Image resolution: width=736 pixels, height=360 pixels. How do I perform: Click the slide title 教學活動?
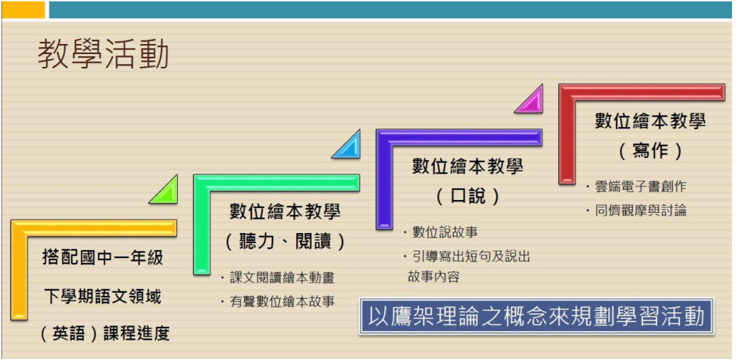pyautogui.click(x=103, y=55)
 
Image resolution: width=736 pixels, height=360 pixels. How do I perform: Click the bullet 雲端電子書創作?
pyautogui.click(x=635, y=186)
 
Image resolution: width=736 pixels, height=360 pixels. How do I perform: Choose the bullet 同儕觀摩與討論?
pyautogui.click(x=635, y=211)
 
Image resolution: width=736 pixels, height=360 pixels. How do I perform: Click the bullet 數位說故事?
pyautogui.click(x=440, y=232)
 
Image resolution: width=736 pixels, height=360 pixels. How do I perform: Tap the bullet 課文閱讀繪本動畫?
pyautogui.click(x=277, y=278)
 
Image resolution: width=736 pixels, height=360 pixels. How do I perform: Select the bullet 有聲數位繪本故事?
pyautogui.click(x=277, y=301)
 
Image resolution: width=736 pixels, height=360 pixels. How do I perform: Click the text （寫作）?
pyautogui.click(x=650, y=151)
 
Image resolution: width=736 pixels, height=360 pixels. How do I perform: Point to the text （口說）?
pyautogui.click(x=468, y=197)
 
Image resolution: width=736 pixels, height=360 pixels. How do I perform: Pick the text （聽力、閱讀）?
pyautogui.click(x=285, y=242)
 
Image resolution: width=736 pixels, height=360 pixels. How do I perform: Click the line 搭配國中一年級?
pyautogui.click(x=103, y=258)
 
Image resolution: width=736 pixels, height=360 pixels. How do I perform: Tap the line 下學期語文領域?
pyautogui.click(x=103, y=296)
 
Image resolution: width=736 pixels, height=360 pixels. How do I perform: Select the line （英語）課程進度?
pyautogui.click(x=103, y=334)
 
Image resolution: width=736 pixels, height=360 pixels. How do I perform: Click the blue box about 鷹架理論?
pyautogui.click(x=537, y=316)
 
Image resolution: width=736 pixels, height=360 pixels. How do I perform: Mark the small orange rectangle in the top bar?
pyautogui.click(x=23, y=10)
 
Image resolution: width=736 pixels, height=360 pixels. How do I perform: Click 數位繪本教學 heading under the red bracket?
pyautogui.click(x=650, y=121)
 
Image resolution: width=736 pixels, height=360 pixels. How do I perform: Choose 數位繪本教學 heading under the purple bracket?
pyautogui.click(x=468, y=167)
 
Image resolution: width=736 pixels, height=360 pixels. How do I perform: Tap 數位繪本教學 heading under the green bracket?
pyautogui.click(x=285, y=211)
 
